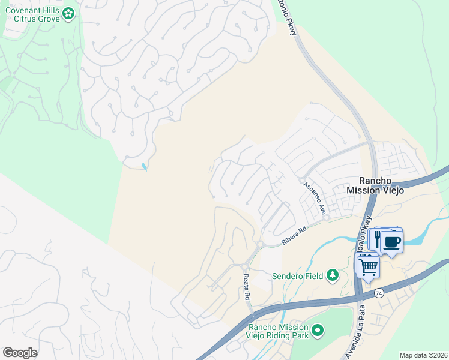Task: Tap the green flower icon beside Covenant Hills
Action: pos(69,13)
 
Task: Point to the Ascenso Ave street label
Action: pos(314,199)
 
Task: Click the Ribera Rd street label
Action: pos(294,235)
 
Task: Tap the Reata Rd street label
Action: pos(246,286)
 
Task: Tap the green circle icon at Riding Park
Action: pos(318,331)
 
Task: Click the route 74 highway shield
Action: pos(378,293)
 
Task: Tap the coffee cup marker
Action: pos(391,242)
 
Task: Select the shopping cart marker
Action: pos(368,266)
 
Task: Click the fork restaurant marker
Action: pos(376,240)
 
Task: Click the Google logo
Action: pos(20,353)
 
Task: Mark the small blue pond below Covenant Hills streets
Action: pos(144,166)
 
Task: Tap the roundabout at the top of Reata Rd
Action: pos(246,266)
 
